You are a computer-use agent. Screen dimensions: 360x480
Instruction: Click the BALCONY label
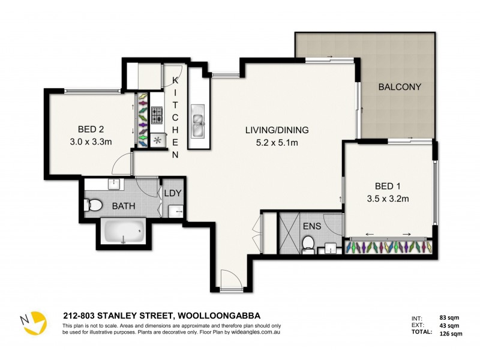[x=399, y=87]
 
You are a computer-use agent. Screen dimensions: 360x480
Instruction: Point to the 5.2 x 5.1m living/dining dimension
[x=276, y=143]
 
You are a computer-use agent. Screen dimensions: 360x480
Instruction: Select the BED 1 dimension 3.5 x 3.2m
[x=387, y=199]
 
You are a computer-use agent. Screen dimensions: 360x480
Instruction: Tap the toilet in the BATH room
[x=94, y=206]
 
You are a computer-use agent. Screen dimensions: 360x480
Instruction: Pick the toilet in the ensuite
[x=308, y=243]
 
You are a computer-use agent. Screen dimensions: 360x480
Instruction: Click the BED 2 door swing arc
[x=123, y=162]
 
